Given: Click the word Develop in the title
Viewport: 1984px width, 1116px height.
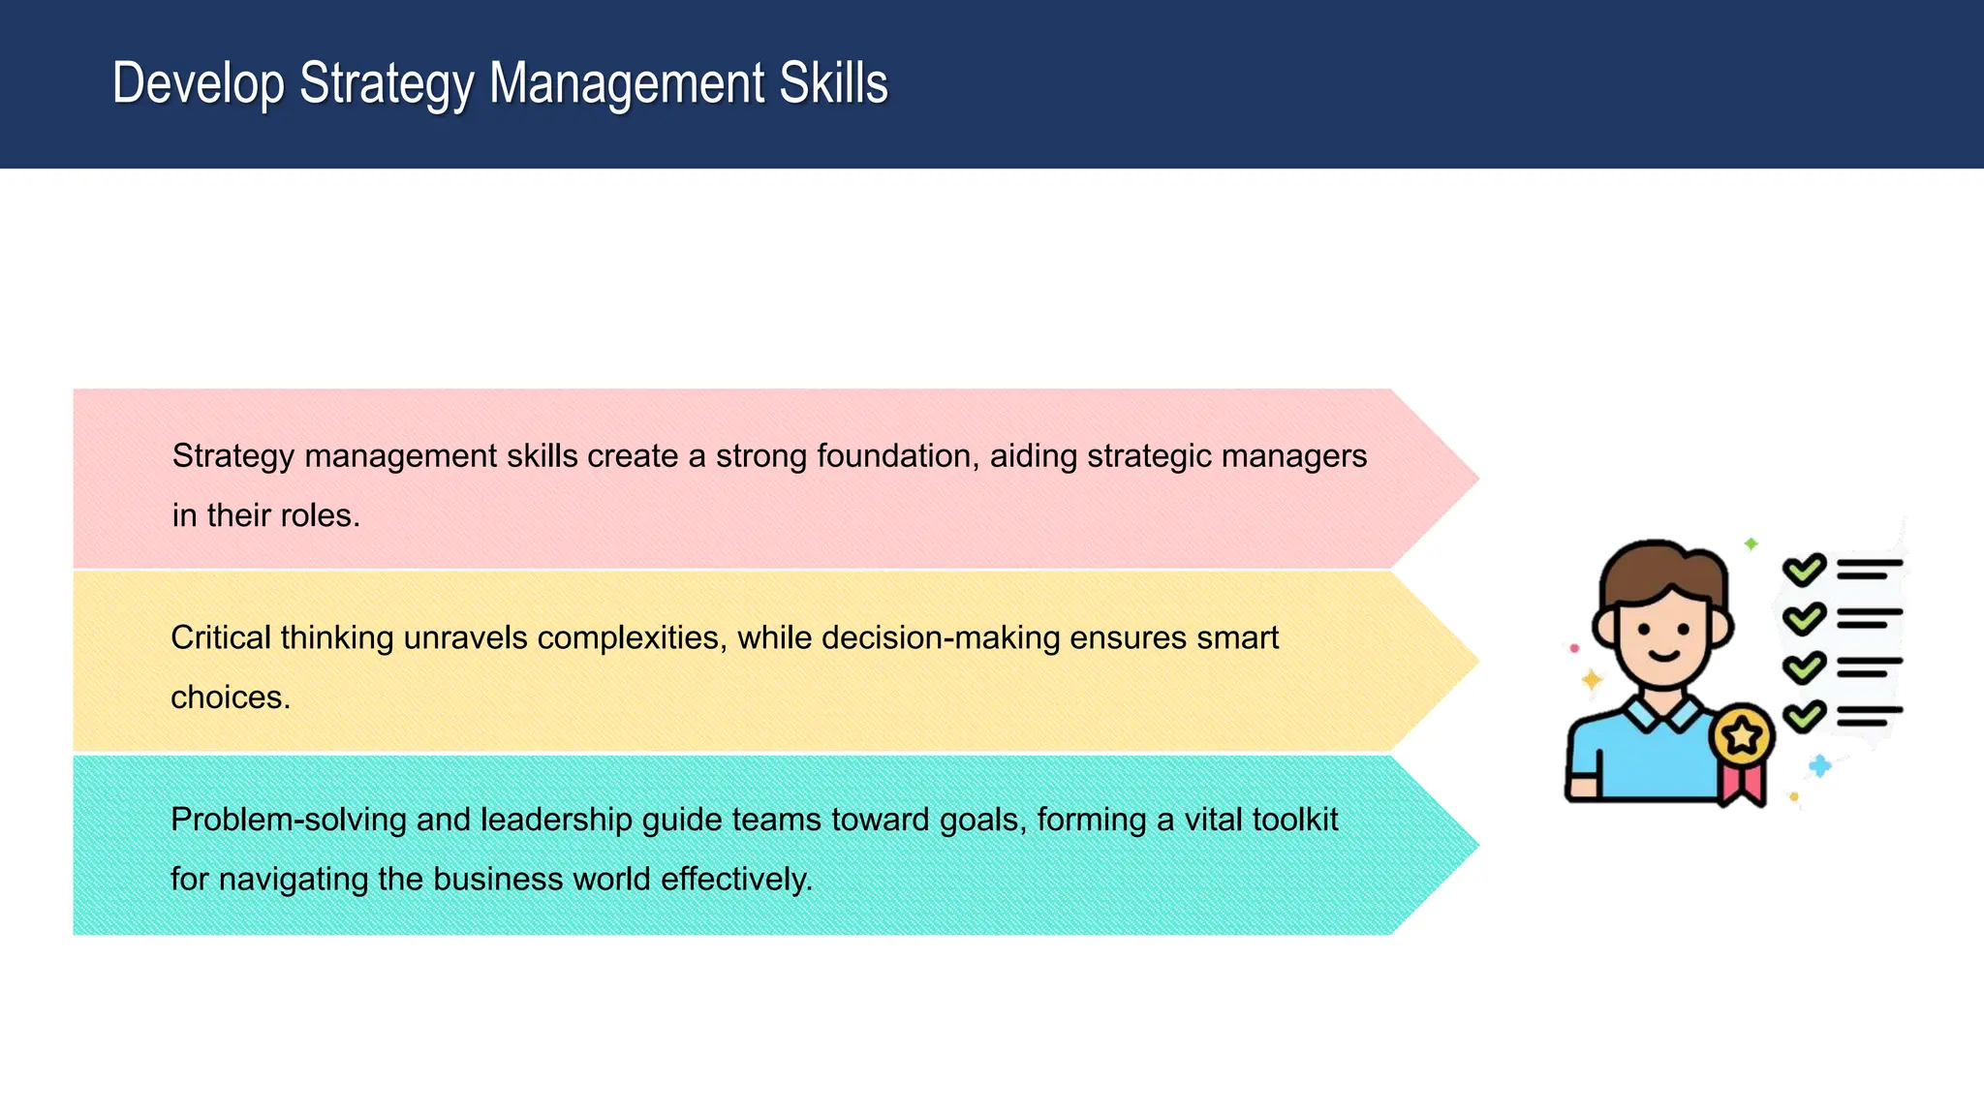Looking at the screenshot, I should tap(199, 84).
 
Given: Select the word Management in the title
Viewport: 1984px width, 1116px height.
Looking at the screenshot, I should tap(627, 84).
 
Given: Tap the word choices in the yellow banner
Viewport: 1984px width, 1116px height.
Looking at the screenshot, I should tap(230, 697).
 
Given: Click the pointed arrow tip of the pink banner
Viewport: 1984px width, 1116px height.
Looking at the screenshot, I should tap(1463, 478).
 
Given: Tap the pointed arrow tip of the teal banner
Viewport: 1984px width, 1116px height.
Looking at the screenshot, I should tap(1463, 845).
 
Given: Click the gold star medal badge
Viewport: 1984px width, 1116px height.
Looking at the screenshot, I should tap(1742, 736).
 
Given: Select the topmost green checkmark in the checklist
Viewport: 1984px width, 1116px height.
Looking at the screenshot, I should tap(1804, 570).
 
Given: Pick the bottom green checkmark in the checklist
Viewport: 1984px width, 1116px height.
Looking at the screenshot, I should tap(1804, 717).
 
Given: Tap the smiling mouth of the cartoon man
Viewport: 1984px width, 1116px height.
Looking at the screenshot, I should tap(1664, 655).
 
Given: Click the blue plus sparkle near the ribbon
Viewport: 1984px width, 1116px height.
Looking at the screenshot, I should tap(1820, 766).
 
